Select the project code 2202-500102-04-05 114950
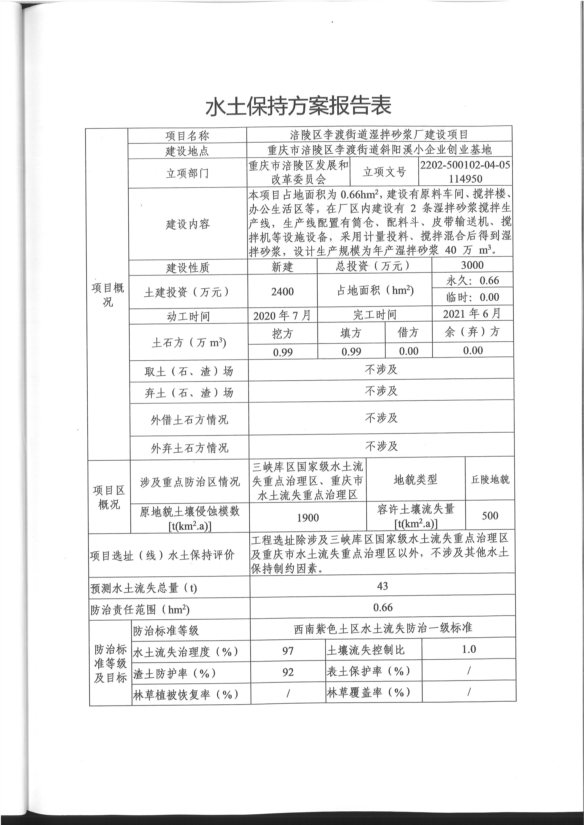point(465,172)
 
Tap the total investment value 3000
point(472,265)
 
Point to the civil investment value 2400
point(282,291)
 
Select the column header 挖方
point(282,333)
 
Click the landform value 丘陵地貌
point(490,479)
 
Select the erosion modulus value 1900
point(308,518)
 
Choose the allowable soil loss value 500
point(490,516)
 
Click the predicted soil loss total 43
point(382,586)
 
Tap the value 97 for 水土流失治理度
point(288,651)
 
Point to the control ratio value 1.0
point(469,649)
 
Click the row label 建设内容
point(187,224)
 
